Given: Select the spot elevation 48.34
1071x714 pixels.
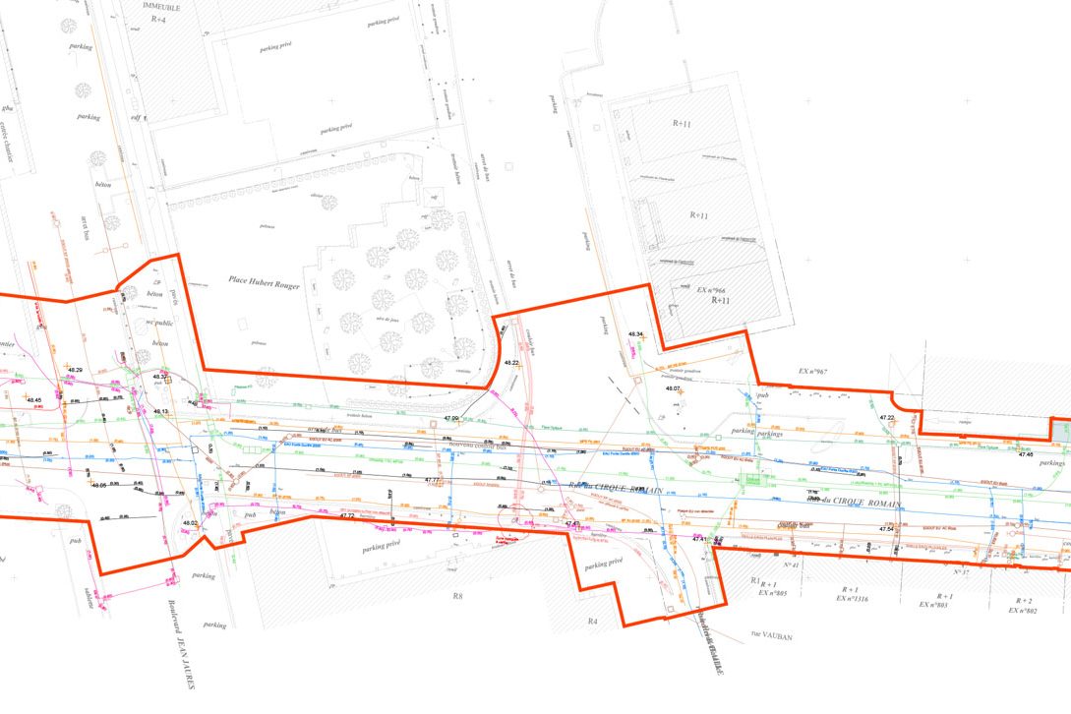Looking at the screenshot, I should pyautogui.click(x=635, y=335).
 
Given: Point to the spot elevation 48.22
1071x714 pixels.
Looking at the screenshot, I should pyautogui.click(x=511, y=363).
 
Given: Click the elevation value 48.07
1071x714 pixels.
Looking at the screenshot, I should pyautogui.click(x=673, y=389).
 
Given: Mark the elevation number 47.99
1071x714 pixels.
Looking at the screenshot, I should pyautogui.click(x=451, y=419).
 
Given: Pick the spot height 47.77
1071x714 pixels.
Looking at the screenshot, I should pyautogui.click(x=432, y=480).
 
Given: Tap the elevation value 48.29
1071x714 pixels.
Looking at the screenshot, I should pyautogui.click(x=75, y=370).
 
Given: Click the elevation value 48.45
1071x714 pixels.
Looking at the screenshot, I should pyautogui.click(x=33, y=400).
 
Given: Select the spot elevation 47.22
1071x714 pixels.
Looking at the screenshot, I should pyautogui.click(x=886, y=418).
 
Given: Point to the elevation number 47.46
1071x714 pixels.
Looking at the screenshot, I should pyautogui.click(x=1026, y=454).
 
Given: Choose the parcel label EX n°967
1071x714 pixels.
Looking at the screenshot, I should pyautogui.click(x=813, y=371).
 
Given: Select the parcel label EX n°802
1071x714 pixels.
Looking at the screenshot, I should pyautogui.click(x=1023, y=611).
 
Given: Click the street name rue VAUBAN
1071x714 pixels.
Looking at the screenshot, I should pyautogui.click(x=770, y=636).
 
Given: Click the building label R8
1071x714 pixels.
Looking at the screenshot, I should pyautogui.click(x=456, y=596).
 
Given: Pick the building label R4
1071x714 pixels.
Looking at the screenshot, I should pyautogui.click(x=592, y=622).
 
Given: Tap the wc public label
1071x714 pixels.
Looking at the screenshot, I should pyautogui.click(x=158, y=323).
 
